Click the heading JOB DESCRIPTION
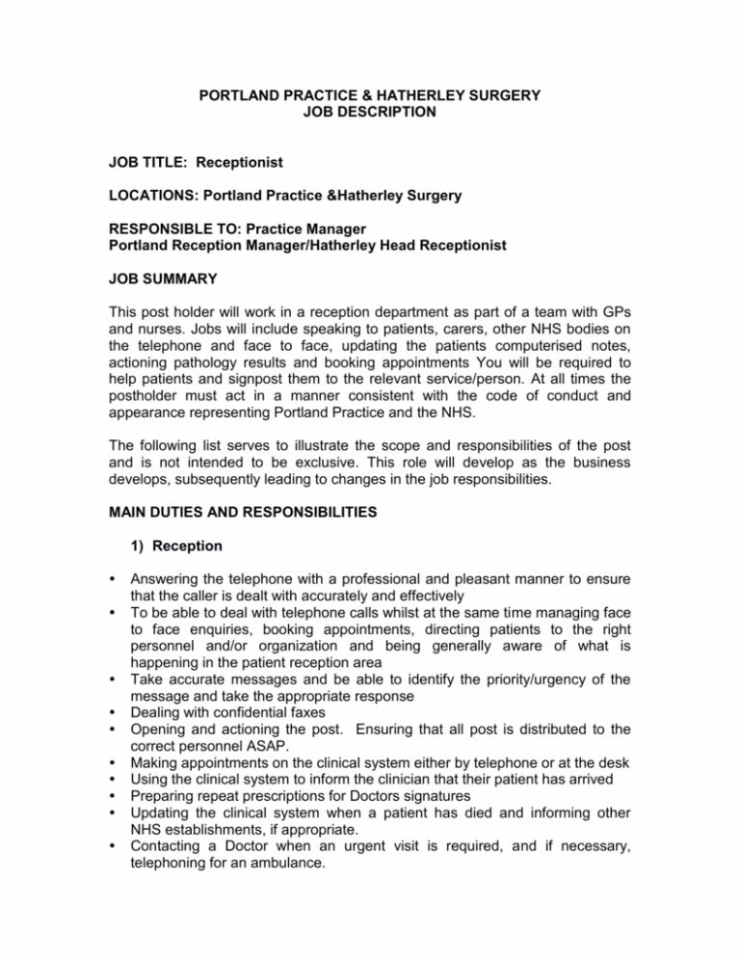(x=370, y=111)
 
